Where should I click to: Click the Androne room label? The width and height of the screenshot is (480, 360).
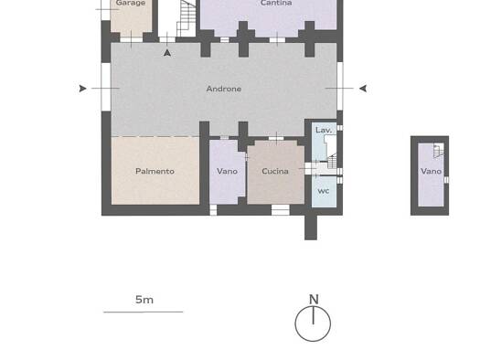click(224, 89)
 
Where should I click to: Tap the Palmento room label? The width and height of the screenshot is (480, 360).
click(155, 171)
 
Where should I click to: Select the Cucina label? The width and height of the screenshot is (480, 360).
click(275, 171)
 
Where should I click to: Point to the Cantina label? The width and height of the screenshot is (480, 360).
click(276, 3)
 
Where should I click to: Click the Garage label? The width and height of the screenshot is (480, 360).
click(131, 4)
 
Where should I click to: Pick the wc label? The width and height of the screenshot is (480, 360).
click(324, 191)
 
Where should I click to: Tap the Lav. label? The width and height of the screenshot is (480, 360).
click(324, 130)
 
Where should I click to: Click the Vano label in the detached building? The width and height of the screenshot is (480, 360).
click(431, 171)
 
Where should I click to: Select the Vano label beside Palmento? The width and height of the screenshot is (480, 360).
click(227, 171)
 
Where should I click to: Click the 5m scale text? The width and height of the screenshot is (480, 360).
click(144, 300)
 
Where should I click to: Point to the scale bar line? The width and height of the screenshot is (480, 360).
click(144, 312)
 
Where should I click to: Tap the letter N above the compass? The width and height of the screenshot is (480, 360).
click(314, 300)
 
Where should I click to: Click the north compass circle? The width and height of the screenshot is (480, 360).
click(313, 342)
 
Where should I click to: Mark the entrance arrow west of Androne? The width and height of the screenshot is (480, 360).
click(82, 89)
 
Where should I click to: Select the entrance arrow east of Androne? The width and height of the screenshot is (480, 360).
click(363, 89)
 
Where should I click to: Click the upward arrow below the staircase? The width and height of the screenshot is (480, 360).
click(167, 53)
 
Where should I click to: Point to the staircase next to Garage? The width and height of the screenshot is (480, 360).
click(187, 18)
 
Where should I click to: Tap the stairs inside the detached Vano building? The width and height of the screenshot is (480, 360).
click(439, 151)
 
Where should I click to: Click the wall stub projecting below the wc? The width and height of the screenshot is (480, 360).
click(311, 228)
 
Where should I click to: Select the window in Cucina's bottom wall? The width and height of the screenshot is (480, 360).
click(281, 210)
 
